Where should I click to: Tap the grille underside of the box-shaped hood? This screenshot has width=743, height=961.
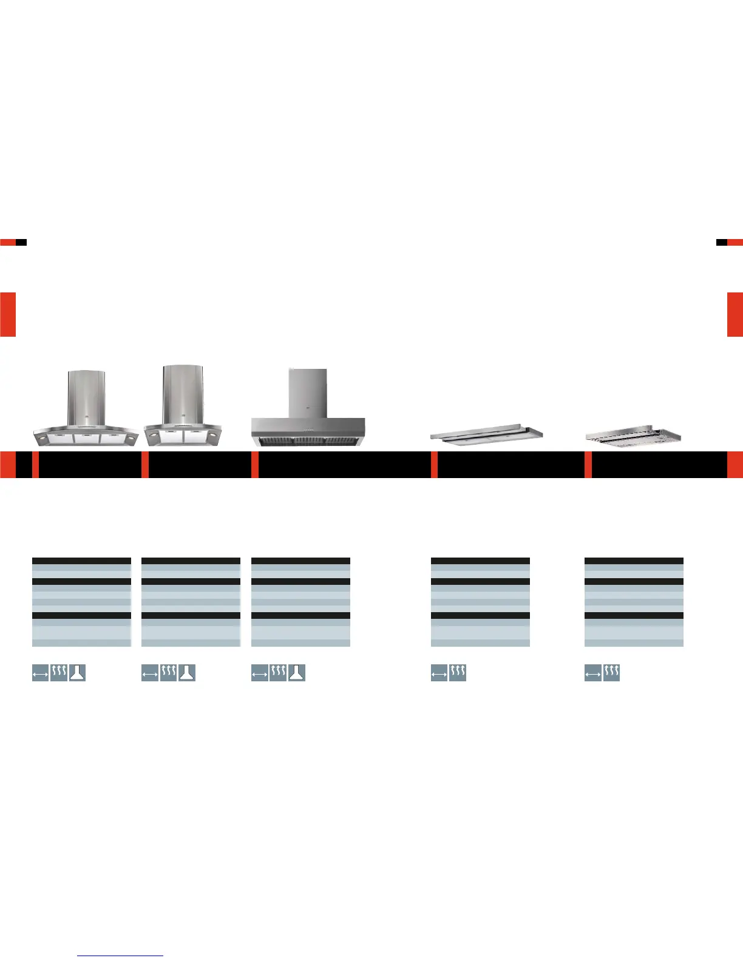[308, 440]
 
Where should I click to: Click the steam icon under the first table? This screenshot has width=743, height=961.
[59, 673]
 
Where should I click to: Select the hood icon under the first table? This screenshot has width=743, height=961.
[77, 673]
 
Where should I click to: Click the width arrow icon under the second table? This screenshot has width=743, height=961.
[150, 673]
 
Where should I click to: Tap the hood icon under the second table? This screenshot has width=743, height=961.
[187, 673]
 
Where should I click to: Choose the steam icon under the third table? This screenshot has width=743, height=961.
[278, 673]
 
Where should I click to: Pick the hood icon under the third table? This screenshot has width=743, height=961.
[297, 673]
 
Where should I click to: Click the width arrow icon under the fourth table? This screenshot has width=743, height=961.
[439, 673]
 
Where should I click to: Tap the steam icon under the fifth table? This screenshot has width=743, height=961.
[611, 673]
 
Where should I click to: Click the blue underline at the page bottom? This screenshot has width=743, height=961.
[121, 956]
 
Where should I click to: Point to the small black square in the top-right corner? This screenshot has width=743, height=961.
[722, 242]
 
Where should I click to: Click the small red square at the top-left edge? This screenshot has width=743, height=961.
[7, 242]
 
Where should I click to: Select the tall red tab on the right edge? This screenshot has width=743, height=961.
[735, 314]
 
